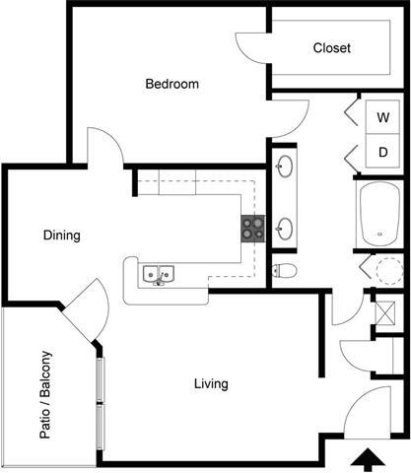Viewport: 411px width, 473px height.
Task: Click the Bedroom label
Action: [171, 85]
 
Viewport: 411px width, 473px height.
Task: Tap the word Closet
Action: [332, 48]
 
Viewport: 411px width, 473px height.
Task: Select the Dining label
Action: [61, 236]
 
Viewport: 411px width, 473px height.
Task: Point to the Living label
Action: [211, 383]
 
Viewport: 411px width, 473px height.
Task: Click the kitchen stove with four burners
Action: [252, 229]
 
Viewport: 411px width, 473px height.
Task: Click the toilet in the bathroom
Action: [285, 269]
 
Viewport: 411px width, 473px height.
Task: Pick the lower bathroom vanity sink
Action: [286, 230]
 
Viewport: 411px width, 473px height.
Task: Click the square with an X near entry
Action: [385, 312]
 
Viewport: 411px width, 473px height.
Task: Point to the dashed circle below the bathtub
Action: [385, 269]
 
